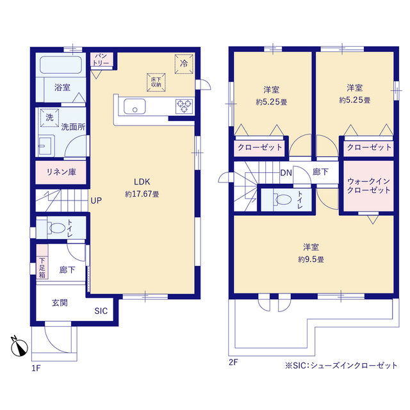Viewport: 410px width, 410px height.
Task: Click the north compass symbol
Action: pos(19,347)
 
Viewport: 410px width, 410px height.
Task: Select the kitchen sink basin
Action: pos(135,107)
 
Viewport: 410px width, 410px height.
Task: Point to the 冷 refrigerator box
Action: pos(183,63)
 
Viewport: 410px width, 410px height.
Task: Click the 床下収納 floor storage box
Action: pos(156,80)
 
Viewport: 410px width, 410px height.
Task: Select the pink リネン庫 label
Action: pos(61,172)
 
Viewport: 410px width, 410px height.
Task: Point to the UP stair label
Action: pos(95,201)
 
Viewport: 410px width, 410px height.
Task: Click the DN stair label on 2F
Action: pos(286,172)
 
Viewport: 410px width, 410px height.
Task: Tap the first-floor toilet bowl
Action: pos(56,228)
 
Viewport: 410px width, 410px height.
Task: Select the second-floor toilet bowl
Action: pos(279,199)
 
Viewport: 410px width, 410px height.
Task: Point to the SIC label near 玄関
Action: pos(101,311)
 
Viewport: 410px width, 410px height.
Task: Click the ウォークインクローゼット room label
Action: pos(368,186)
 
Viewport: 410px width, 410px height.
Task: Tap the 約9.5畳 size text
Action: pos(311,259)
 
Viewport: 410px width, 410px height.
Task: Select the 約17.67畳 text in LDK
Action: pos(142,193)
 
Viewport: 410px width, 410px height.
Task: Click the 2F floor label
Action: pos(233,363)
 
